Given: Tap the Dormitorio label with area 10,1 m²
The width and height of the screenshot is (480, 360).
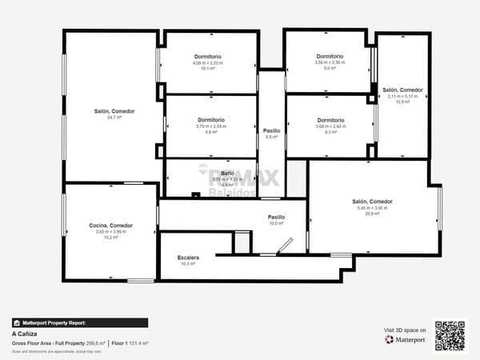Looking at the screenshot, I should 208,57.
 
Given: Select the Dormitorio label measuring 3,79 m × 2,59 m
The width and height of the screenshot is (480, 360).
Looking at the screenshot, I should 211,120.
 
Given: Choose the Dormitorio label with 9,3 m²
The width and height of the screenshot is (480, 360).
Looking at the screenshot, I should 330,120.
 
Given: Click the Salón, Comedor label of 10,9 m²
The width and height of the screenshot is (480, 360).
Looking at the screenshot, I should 402,90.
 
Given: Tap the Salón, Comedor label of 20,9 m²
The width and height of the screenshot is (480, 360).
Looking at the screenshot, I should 372,202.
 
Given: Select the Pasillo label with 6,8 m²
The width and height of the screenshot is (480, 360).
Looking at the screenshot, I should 271,130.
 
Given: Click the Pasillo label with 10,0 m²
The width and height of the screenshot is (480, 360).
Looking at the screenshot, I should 276,217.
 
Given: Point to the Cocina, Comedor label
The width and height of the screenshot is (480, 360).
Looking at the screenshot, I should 111,226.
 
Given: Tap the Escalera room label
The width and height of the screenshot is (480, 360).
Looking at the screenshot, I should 189,258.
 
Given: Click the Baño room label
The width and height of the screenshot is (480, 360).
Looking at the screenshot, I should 227,174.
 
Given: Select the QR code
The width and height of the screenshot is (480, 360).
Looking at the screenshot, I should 450,335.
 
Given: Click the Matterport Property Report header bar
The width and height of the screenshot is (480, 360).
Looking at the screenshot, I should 79,323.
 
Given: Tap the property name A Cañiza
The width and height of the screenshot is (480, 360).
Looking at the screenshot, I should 25,334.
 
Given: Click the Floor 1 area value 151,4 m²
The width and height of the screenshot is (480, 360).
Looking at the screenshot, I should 138,342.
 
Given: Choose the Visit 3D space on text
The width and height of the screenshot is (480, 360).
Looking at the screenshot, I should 405,330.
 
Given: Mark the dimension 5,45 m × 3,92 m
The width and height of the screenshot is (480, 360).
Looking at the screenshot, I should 372,208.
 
